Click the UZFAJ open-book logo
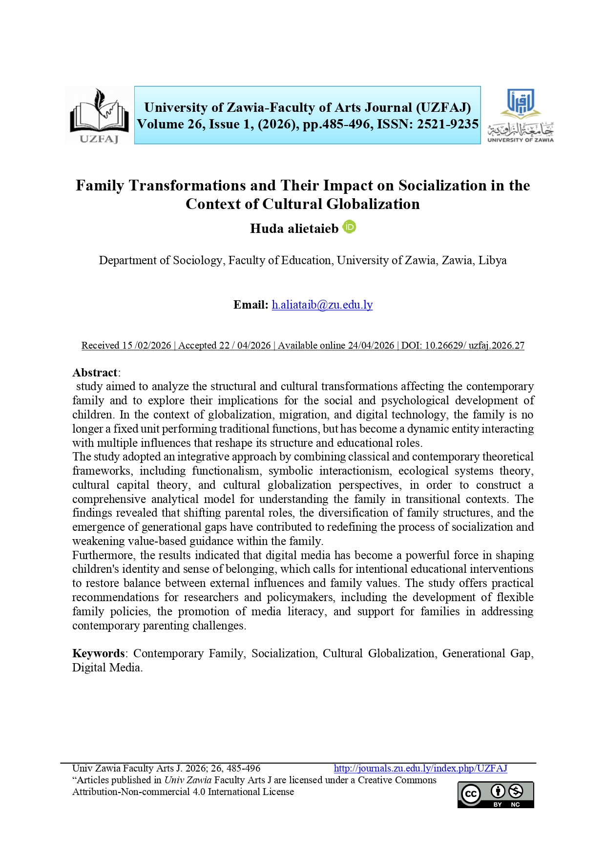[x=99, y=115]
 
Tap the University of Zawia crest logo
[x=521, y=115]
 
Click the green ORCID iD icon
[x=349, y=227]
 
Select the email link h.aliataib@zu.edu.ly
[x=322, y=305]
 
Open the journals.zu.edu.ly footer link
[x=420, y=768]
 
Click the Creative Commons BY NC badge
[x=495, y=794]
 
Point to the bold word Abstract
[x=95, y=373]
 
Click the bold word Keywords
[x=99, y=653]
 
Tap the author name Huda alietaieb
[x=294, y=229]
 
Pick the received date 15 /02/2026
[x=146, y=345]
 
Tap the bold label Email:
[x=251, y=305]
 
